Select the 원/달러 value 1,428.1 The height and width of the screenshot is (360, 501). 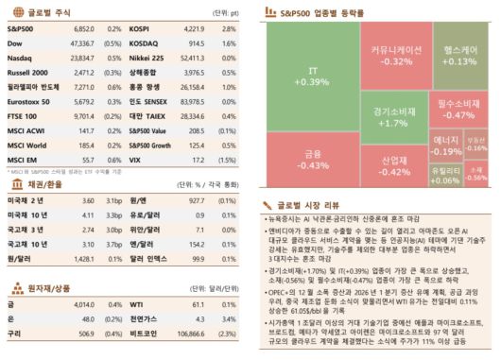(86, 256)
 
